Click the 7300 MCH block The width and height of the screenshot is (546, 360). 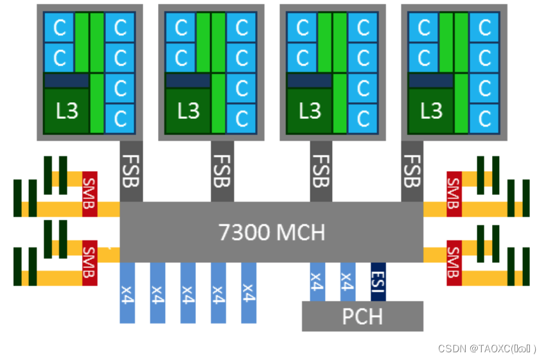(x=271, y=232)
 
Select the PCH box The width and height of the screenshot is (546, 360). (x=362, y=316)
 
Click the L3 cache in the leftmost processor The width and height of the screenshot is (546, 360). (x=66, y=111)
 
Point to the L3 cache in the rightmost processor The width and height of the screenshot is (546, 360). (x=430, y=111)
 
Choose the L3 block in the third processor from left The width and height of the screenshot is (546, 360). (x=309, y=111)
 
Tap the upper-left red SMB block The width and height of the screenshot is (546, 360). (x=89, y=194)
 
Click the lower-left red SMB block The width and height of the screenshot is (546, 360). (x=89, y=263)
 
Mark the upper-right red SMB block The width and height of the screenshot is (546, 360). (x=454, y=194)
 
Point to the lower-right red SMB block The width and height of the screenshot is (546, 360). (x=454, y=263)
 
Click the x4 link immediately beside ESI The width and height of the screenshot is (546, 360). (x=348, y=282)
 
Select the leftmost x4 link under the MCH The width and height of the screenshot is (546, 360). (x=127, y=292)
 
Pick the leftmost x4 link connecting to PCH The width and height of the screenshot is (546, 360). (x=317, y=282)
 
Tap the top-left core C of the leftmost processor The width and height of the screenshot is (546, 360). (x=59, y=28)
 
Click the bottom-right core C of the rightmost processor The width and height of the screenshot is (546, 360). (x=484, y=118)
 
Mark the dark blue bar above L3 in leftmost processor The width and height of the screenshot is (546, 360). (x=66, y=80)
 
